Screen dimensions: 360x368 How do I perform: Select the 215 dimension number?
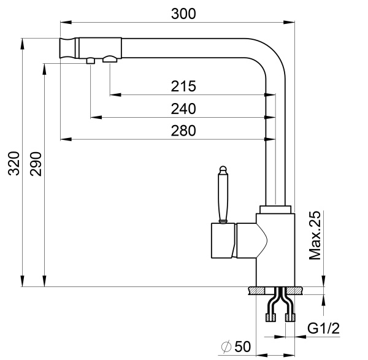(x=183, y=86)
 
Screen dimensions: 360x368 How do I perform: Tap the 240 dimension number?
(x=183, y=109)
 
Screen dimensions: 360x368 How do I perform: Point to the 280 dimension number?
(x=183, y=131)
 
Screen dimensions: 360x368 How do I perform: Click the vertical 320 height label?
(x=14, y=164)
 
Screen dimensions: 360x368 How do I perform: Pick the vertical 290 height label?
(x=36, y=164)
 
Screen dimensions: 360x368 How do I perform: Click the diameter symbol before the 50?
(x=225, y=348)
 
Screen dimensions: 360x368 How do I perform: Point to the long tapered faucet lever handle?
(x=224, y=196)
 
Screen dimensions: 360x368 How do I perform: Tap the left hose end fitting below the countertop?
(x=268, y=317)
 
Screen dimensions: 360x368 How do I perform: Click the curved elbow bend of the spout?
(x=270, y=55)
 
